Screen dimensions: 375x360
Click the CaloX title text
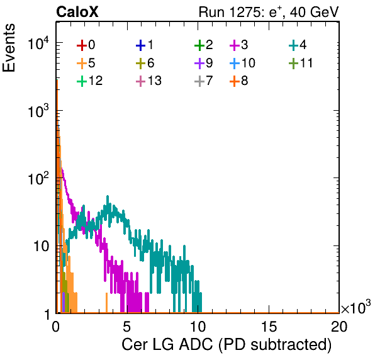click(77, 12)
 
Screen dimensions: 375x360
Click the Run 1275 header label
click(269, 12)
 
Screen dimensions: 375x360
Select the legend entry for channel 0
click(86, 45)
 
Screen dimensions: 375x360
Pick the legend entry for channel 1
click(145, 45)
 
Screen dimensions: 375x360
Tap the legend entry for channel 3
click(239, 45)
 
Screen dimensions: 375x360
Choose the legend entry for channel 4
click(298, 45)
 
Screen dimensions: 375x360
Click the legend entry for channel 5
click(86, 63)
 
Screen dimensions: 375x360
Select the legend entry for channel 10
click(242, 63)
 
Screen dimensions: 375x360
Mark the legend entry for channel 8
click(239, 81)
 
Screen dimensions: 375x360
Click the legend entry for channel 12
click(90, 81)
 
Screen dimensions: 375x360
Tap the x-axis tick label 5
click(126, 326)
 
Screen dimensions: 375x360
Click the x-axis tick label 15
click(269, 326)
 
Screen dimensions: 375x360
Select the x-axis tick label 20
click(339, 326)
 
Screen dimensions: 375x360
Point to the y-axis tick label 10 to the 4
click(38, 43)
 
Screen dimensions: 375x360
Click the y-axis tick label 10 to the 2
click(38, 178)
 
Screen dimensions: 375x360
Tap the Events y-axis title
click(9, 48)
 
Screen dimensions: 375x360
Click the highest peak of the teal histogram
click(108, 196)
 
